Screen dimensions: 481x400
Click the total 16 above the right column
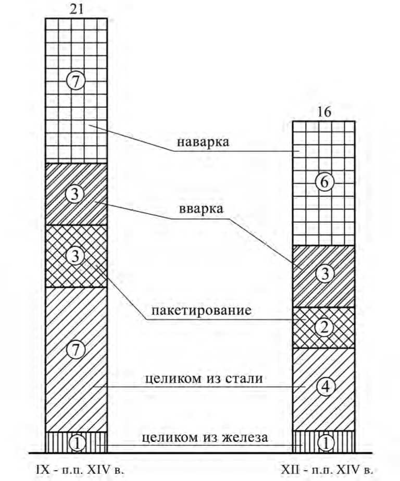tap(323, 112)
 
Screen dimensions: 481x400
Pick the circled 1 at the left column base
tap(76, 442)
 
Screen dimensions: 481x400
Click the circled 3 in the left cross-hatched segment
tap(76, 256)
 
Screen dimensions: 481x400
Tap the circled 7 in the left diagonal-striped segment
tap(76, 350)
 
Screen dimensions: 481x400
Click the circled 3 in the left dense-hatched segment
tap(76, 194)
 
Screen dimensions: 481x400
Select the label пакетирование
tap(202, 311)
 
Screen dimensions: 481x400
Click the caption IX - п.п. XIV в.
tap(80, 470)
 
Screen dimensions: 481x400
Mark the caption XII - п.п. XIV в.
tap(327, 470)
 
